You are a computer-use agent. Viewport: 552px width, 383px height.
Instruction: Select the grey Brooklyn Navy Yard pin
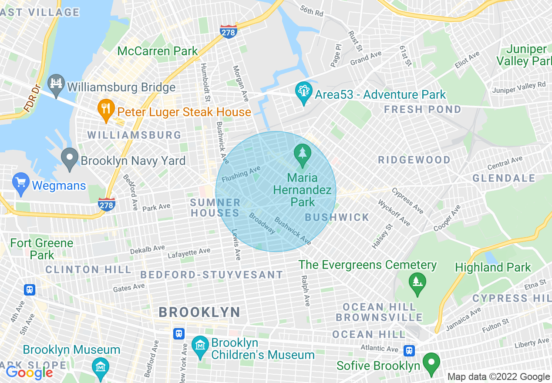coord(69,160)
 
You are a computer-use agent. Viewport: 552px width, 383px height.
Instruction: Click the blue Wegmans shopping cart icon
coord(21,185)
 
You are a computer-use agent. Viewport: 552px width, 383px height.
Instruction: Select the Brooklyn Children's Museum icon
coord(200,348)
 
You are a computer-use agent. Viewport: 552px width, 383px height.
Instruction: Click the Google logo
coord(29,373)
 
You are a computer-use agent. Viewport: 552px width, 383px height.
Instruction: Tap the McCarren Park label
coord(158,51)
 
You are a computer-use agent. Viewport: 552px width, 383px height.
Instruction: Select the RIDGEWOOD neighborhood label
coord(414,160)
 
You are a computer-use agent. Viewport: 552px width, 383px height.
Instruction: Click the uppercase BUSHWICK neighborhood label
coord(337,217)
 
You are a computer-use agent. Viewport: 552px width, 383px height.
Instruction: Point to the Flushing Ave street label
coord(241,174)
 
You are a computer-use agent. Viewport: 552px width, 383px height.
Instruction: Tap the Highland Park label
coord(493,267)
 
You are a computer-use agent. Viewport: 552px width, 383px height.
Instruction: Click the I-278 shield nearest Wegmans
coord(107,204)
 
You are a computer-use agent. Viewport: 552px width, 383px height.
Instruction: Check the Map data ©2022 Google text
coord(498,377)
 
